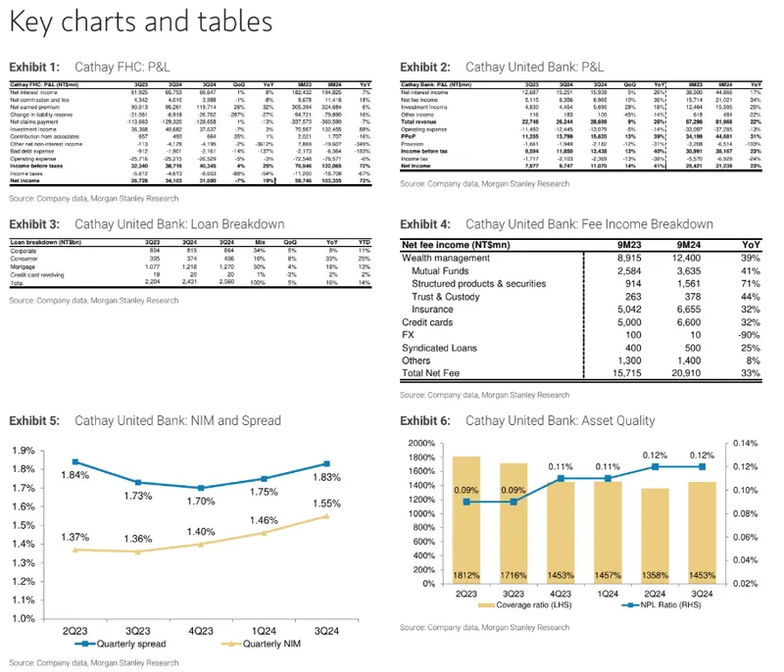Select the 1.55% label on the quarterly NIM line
click(x=327, y=503)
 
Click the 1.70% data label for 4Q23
click(x=201, y=501)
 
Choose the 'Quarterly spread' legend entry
click(x=119, y=646)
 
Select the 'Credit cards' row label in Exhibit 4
click(x=427, y=320)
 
